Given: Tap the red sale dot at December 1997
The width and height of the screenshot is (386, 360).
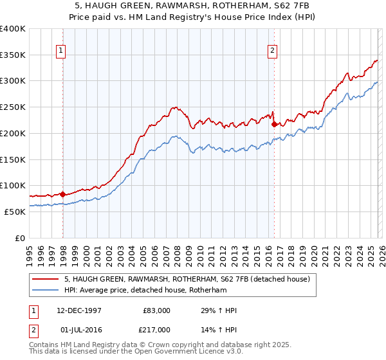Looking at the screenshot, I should click(x=63, y=194).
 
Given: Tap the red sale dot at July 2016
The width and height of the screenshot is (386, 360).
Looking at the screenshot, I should click(x=274, y=124).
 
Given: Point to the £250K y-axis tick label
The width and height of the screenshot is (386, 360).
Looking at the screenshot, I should click(x=13, y=107).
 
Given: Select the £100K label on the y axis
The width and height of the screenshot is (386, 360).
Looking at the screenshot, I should click(x=13, y=185).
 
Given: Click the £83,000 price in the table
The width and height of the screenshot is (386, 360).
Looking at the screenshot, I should click(x=157, y=310).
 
